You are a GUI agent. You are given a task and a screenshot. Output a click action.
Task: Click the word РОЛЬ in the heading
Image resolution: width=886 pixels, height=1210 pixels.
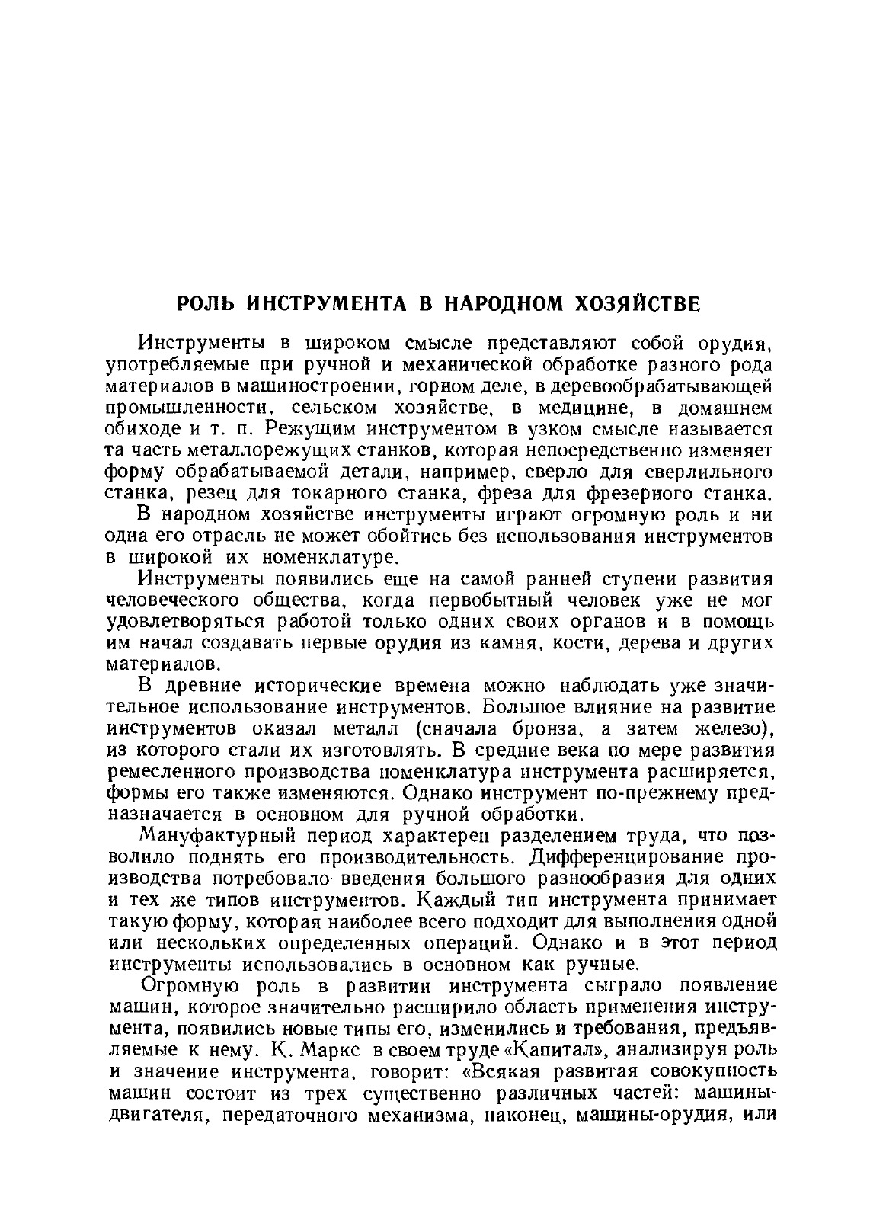click(x=206, y=303)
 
